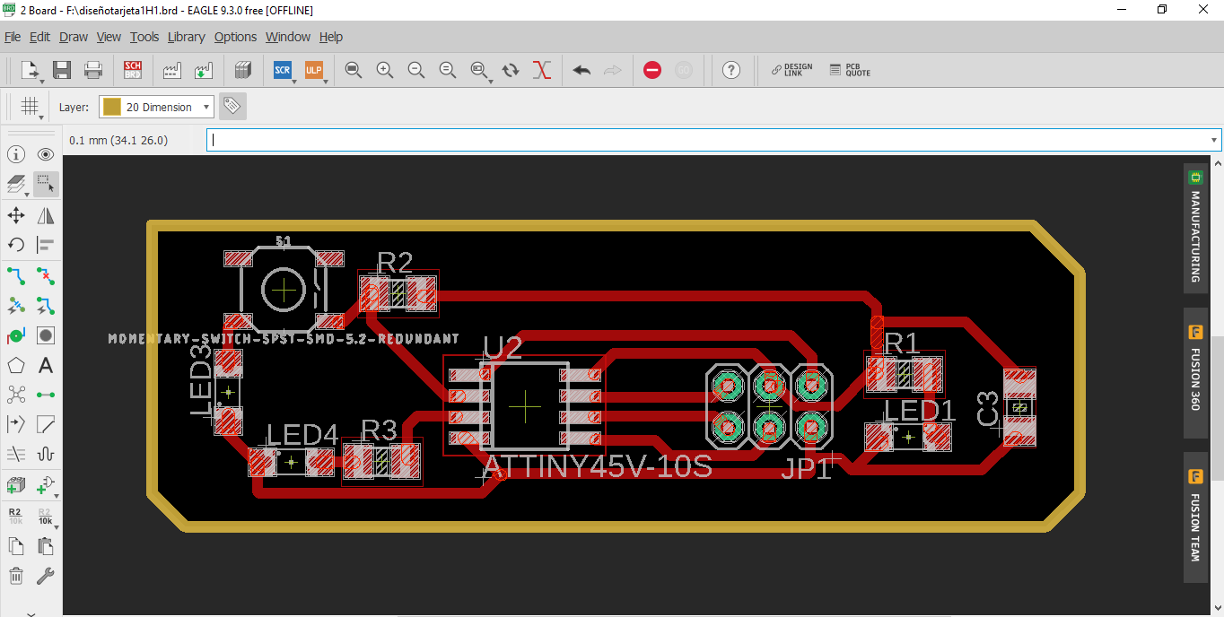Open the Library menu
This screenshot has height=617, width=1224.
pyautogui.click(x=186, y=37)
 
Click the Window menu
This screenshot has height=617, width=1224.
pyautogui.click(x=288, y=37)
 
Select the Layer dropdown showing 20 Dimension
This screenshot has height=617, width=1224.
pyautogui.click(x=156, y=107)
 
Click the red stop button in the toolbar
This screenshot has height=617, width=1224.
pyautogui.click(x=652, y=70)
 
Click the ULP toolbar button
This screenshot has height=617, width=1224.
pyautogui.click(x=313, y=70)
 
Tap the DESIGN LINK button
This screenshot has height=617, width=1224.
pyautogui.click(x=791, y=70)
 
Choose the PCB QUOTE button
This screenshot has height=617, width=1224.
pyautogui.click(x=850, y=70)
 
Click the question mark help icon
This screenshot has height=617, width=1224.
pyautogui.click(x=731, y=70)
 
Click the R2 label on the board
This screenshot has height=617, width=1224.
pyautogui.click(x=395, y=262)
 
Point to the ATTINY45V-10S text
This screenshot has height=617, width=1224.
pyautogui.click(x=598, y=466)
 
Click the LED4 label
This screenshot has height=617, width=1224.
pyautogui.click(x=302, y=435)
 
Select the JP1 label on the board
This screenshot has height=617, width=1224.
pyautogui.click(x=806, y=468)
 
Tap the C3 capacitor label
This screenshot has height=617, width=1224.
pyautogui.click(x=988, y=409)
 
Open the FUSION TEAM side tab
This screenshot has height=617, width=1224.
pyautogui.click(x=1194, y=517)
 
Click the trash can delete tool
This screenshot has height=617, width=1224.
pyautogui.click(x=16, y=576)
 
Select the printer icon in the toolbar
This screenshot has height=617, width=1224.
pyautogui.click(x=93, y=70)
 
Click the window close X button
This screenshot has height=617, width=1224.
pyautogui.click(x=1202, y=10)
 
